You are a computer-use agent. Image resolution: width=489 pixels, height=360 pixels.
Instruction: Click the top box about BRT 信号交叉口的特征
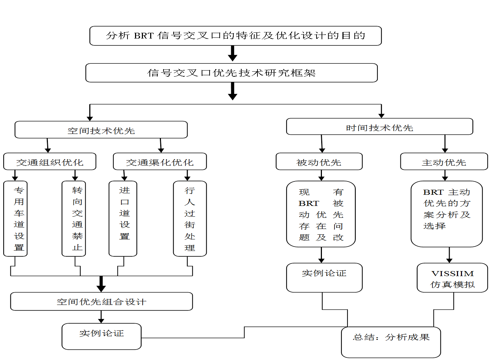click(x=235, y=36)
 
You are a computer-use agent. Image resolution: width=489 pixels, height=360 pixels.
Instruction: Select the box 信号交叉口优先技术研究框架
click(x=232, y=73)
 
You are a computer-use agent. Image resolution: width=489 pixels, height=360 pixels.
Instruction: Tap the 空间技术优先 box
click(x=101, y=130)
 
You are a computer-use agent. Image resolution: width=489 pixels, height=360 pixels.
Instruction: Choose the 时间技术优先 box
click(x=380, y=127)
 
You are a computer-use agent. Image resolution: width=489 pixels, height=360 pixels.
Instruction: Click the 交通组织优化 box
click(x=50, y=162)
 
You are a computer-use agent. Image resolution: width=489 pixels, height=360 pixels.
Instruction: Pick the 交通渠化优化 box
click(x=160, y=162)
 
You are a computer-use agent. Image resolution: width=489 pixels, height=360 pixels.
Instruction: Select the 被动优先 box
click(x=319, y=162)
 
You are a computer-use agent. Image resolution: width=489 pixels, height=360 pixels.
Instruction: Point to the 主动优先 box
click(x=444, y=162)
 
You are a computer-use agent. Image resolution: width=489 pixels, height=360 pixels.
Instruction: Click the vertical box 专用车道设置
click(x=15, y=219)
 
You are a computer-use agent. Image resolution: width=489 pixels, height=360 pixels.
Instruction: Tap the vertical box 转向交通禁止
click(x=74, y=219)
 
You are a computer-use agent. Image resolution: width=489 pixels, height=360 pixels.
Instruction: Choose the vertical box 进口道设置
click(x=123, y=219)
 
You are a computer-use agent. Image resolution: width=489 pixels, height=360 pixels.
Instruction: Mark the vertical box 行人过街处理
click(x=190, y=219)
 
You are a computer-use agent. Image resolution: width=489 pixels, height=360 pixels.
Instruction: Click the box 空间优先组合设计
click(x=102, y=301)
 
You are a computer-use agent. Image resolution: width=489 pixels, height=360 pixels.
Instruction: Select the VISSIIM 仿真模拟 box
click(x=452, y=278)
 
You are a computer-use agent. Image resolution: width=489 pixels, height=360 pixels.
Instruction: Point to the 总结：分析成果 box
click(x=391, y=342)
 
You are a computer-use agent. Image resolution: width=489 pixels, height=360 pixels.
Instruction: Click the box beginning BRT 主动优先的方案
click(x=447, y=214)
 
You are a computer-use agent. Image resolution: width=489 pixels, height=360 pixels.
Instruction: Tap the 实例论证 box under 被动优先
click(x=324, y=278)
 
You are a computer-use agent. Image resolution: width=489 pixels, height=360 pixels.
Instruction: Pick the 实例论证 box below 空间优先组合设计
click(x=102, y=336)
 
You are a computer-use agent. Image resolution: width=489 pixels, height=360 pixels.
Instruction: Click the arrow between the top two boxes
click(x=233, y=54)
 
